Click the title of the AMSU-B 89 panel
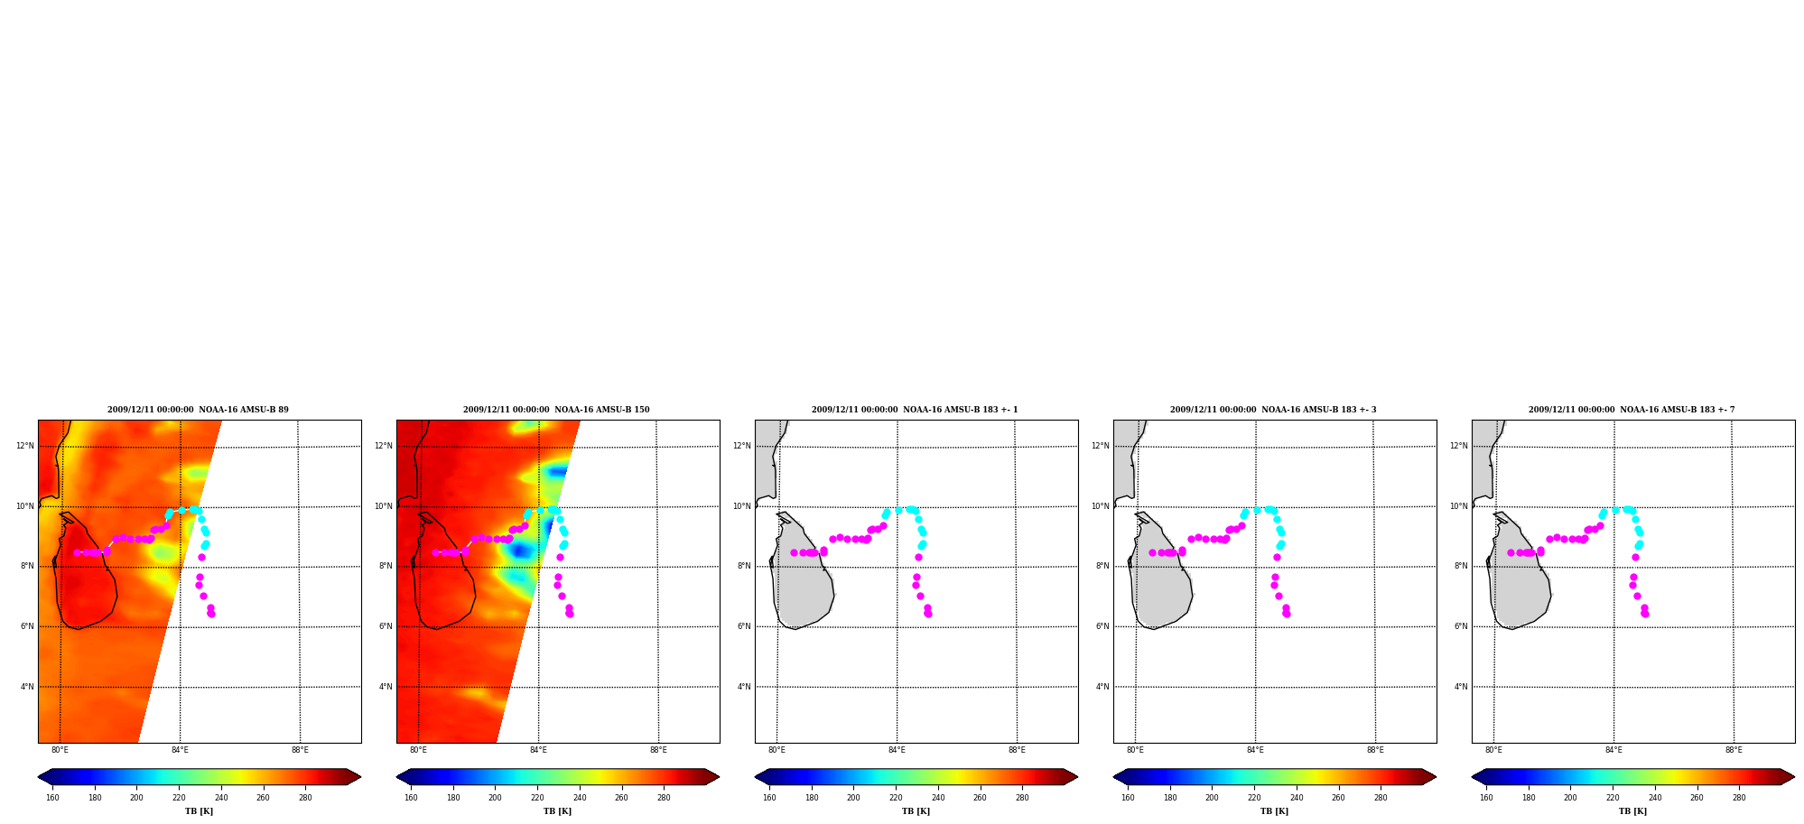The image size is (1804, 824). tap(198, 410)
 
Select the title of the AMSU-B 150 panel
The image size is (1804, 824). tap(556, 410)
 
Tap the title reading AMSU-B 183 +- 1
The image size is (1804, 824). tap(915, 410)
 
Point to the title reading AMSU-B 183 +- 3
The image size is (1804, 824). tap(1273, 410)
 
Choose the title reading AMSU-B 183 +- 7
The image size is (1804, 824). tap(1632, 410)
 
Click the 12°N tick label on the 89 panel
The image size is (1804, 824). tap(24, 446)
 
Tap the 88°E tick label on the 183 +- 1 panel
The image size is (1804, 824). tap(1017, 750)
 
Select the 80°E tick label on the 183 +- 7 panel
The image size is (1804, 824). tap(1493, 750)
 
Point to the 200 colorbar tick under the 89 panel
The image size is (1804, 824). tap(136, 798)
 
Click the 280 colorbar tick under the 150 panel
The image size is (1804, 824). tap(664, 798)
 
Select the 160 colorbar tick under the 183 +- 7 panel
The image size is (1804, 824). tap(1486, 798)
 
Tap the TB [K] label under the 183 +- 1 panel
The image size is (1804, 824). tap(916, 811)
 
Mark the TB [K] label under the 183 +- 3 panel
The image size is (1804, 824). tap(1274, 811)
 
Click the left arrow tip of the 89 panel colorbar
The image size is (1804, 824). tap(38, 777)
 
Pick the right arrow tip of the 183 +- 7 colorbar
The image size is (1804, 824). tap(1794, 777)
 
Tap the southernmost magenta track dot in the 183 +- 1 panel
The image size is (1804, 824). tap(928, 614)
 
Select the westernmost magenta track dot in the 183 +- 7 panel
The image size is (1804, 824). tap(1511, 552)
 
